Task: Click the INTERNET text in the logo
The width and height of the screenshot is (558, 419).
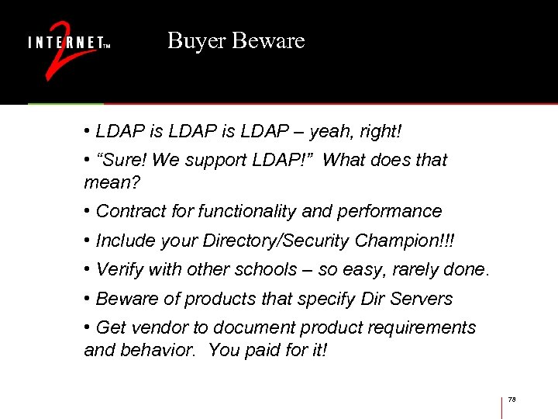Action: point(65,42)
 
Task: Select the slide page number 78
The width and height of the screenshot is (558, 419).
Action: point(511,400)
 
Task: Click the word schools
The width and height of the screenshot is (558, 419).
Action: point(267,270)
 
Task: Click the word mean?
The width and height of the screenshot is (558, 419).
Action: point(108,182)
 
